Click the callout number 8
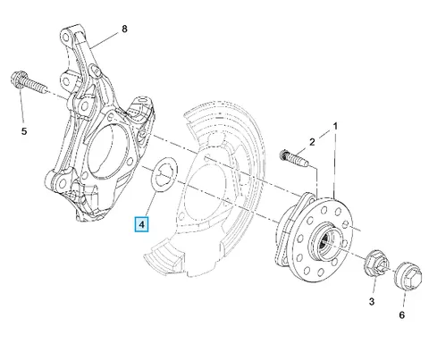(x=124, y=29)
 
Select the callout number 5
(x=24, y=131)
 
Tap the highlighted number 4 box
(x=142, y=224)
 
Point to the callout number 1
(x=335, y=126)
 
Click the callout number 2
(x=312, y=142)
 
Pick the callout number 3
(x=372, y=302)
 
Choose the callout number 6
(x=402, y=314)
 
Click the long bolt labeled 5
(x=29, y=82)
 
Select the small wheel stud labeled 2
(x=294, y=158)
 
